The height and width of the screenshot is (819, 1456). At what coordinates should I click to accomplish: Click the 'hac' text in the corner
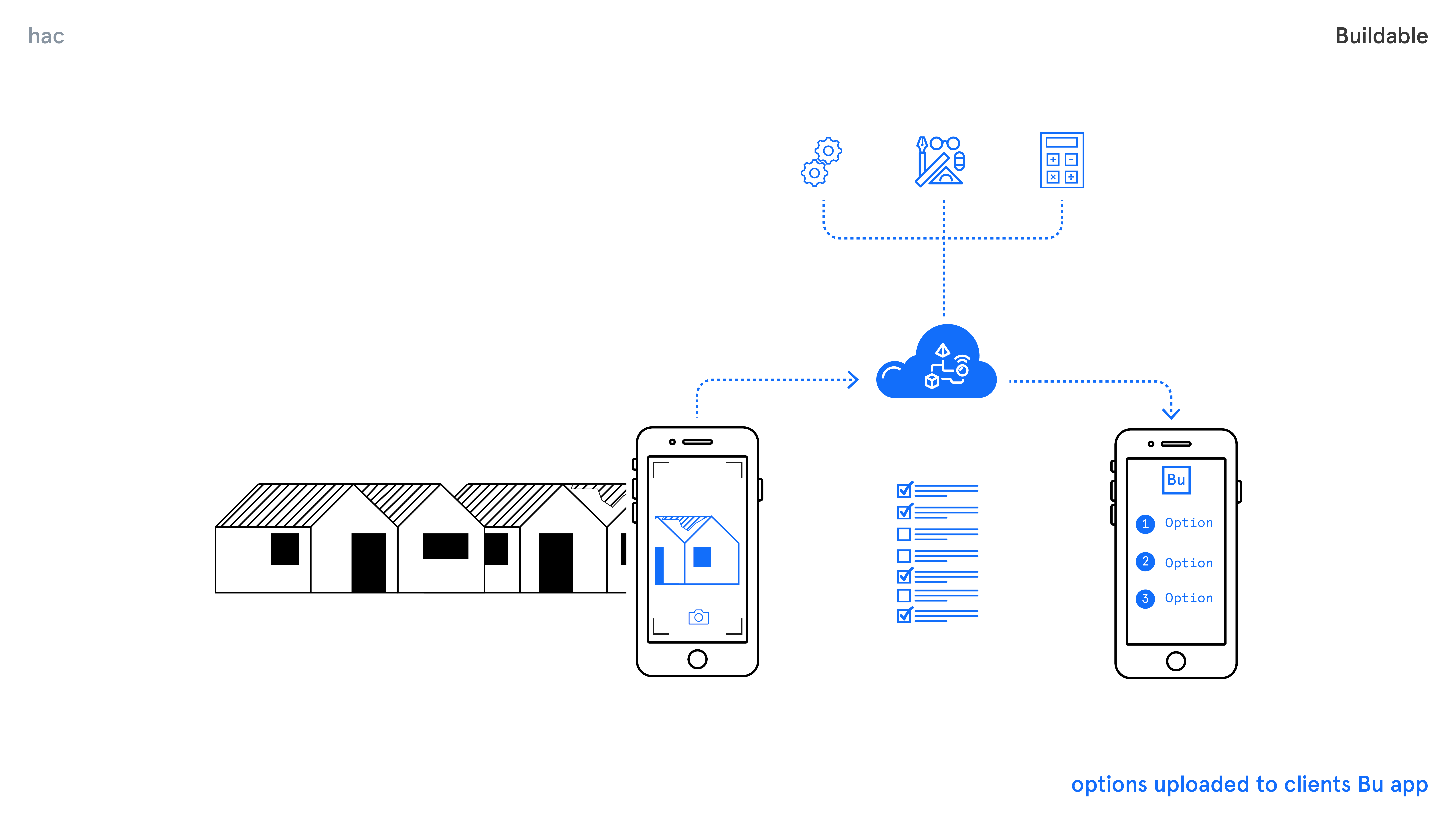[x=46, y=36]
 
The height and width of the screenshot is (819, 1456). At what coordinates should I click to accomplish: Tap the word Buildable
[x=1381, y=36]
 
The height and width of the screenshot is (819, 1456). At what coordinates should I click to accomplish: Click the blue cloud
[x=937, y=365]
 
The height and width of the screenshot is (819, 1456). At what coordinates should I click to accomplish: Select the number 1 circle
[x=1145, y=524]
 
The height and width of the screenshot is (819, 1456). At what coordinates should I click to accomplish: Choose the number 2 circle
[x=1145, y=562]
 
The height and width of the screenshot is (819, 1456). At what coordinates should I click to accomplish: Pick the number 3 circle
[x=1145, y=599]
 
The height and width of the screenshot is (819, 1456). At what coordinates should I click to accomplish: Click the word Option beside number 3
[x=1189, y=598]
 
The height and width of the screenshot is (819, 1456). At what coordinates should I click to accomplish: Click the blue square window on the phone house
[x=702, y=557]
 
